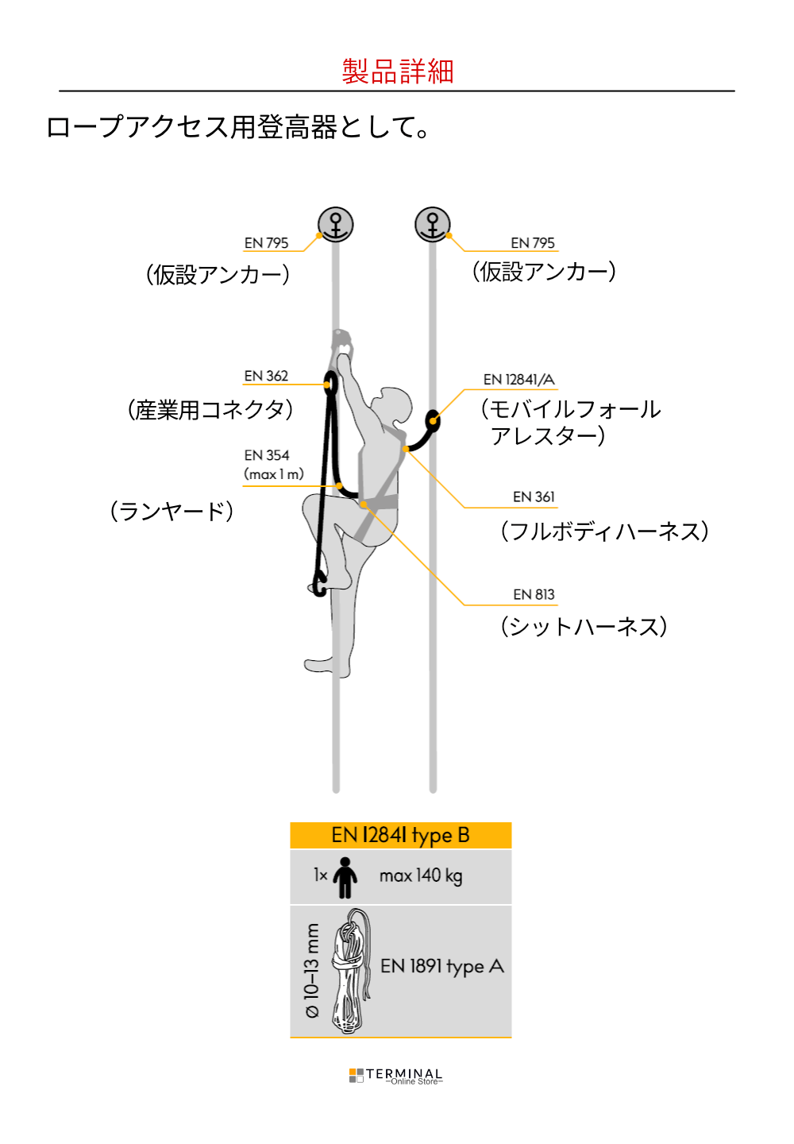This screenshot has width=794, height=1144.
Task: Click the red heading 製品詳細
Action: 397,71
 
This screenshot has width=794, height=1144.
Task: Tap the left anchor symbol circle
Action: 335,224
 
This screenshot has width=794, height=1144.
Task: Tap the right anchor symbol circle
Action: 432,224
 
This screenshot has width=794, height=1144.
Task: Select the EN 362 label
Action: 266,376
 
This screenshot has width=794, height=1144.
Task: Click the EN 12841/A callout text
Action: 518,380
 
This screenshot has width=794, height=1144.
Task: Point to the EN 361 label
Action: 534,497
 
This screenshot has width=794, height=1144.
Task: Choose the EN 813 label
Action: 534,594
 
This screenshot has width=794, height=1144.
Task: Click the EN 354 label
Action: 266,455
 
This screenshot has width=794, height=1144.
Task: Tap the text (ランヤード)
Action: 172,512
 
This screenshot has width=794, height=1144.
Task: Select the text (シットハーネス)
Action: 584,627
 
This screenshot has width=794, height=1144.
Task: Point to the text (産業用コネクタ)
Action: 210,410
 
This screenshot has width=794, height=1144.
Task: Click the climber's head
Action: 393,404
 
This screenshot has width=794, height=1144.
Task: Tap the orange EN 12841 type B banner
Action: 400,836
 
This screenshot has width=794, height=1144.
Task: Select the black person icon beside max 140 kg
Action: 345,877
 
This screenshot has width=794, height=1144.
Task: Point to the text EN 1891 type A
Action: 442,966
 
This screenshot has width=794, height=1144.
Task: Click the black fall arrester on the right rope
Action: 433,422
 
